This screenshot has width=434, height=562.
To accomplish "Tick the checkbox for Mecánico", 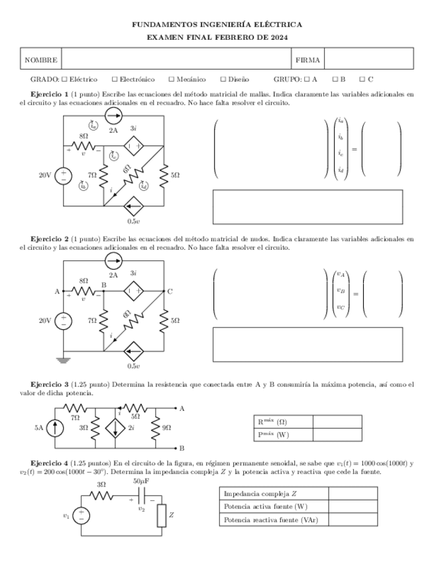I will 171,80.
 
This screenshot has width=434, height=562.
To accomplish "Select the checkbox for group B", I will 335,80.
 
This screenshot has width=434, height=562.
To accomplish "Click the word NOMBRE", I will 40,60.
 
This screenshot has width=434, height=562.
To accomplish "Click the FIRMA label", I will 307,60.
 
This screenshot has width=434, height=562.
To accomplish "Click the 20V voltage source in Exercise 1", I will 64,176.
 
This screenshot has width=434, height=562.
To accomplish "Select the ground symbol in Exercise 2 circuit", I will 64,360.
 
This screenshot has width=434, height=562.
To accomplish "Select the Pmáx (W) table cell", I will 281,435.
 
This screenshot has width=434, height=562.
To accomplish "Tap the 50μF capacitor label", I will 140,480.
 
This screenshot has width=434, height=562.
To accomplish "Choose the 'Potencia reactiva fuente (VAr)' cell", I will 272,520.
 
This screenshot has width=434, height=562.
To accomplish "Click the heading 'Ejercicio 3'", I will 49,384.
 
